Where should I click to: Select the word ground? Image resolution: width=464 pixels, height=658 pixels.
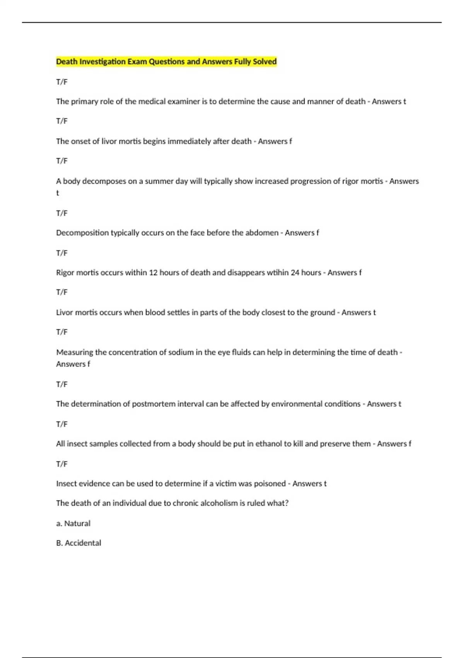point(322,312)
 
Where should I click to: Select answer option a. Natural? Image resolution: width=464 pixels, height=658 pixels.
point(73,523)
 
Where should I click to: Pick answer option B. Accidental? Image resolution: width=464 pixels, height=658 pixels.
point(78,543)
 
